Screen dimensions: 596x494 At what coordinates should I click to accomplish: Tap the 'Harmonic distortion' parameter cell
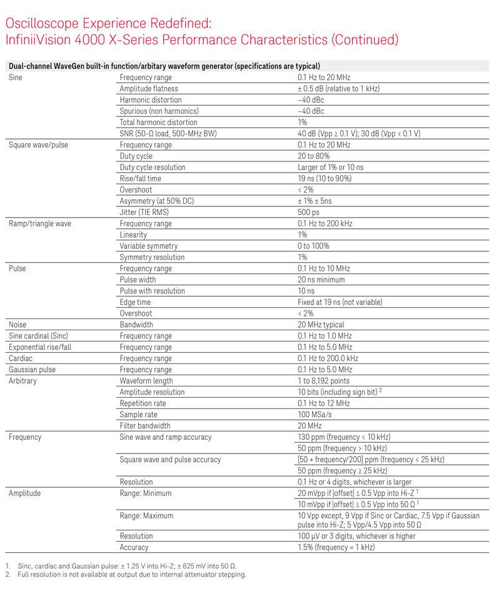tap(151, 100)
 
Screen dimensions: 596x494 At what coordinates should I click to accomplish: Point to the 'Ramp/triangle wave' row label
tap(39, 223)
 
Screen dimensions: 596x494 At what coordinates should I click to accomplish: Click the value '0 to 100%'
tap(314, 246)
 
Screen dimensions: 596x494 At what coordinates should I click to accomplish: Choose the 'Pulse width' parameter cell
tap(138, 280)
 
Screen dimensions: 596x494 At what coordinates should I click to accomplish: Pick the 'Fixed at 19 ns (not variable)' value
tap(340, 302)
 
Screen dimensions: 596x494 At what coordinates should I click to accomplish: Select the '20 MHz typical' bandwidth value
tap(321, 325)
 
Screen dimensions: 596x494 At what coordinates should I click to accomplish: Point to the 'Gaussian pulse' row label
tap(32, 370)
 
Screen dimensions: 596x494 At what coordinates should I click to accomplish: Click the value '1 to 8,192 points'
tap(323, 381)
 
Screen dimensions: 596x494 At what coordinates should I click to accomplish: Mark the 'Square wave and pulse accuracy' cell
tap(170, 460)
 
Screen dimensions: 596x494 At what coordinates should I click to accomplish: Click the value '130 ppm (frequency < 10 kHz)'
tap(344, 437)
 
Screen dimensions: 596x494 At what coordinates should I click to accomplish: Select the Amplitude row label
tap(24, 493)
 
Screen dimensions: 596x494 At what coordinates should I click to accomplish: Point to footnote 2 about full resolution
tap(131, 575)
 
